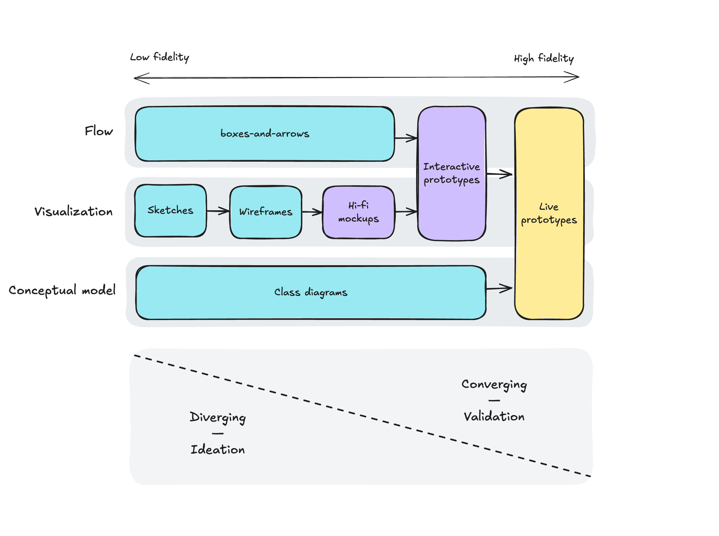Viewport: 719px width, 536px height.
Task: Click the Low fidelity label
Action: (159, 57)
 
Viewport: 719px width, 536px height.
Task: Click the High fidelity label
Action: (544, 58)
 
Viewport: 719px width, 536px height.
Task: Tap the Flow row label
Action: (99, 131)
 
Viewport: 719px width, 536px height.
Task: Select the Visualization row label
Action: (74, 212)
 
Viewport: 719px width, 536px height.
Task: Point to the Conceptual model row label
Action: (62, 290)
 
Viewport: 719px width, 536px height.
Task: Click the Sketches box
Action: (170, 211)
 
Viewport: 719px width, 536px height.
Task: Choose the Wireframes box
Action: (266, 212)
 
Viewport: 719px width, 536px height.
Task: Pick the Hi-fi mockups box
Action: (358, 212)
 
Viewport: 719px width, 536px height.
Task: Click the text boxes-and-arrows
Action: (265, 133)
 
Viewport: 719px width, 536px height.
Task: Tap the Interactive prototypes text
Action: (452, 173)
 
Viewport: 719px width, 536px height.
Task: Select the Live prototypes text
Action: (549, 213)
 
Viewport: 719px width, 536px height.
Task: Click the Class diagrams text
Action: (311, 292)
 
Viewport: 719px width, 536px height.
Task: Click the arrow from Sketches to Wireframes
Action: (218, 211)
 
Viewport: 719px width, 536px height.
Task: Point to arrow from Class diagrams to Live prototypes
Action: (499, 288)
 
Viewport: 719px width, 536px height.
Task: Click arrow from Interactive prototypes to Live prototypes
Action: (500, 174)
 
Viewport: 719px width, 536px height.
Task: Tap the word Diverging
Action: (218, 417)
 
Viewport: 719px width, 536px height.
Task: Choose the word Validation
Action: (494, 417)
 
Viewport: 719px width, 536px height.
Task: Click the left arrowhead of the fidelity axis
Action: (140, 78)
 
